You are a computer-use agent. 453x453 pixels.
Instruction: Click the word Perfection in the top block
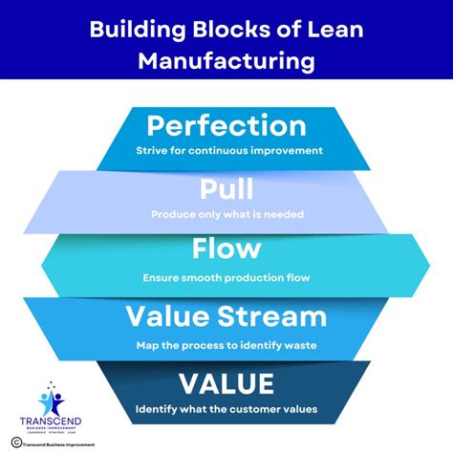(226, 126)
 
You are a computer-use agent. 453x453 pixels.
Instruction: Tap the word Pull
(226, 187)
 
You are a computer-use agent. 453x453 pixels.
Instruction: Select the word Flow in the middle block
(226, 249)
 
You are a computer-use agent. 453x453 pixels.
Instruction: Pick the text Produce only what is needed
(226, 213)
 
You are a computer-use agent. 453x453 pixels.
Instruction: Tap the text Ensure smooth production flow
(226, 277)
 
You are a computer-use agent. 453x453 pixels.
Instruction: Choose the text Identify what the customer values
(226, 409)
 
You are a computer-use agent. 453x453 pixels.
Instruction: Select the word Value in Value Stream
(182, 316)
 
